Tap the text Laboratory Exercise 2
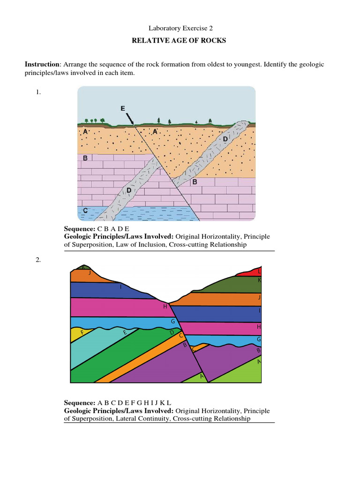[180, 28]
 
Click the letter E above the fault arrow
[123, 108]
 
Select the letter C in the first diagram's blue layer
[85, 211]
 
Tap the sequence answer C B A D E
[113, 229]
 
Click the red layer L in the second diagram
[251, 272]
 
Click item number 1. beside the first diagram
[38, 92]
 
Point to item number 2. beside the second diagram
[38, 260]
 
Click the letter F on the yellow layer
[82, 332]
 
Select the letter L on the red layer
[259, 271]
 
